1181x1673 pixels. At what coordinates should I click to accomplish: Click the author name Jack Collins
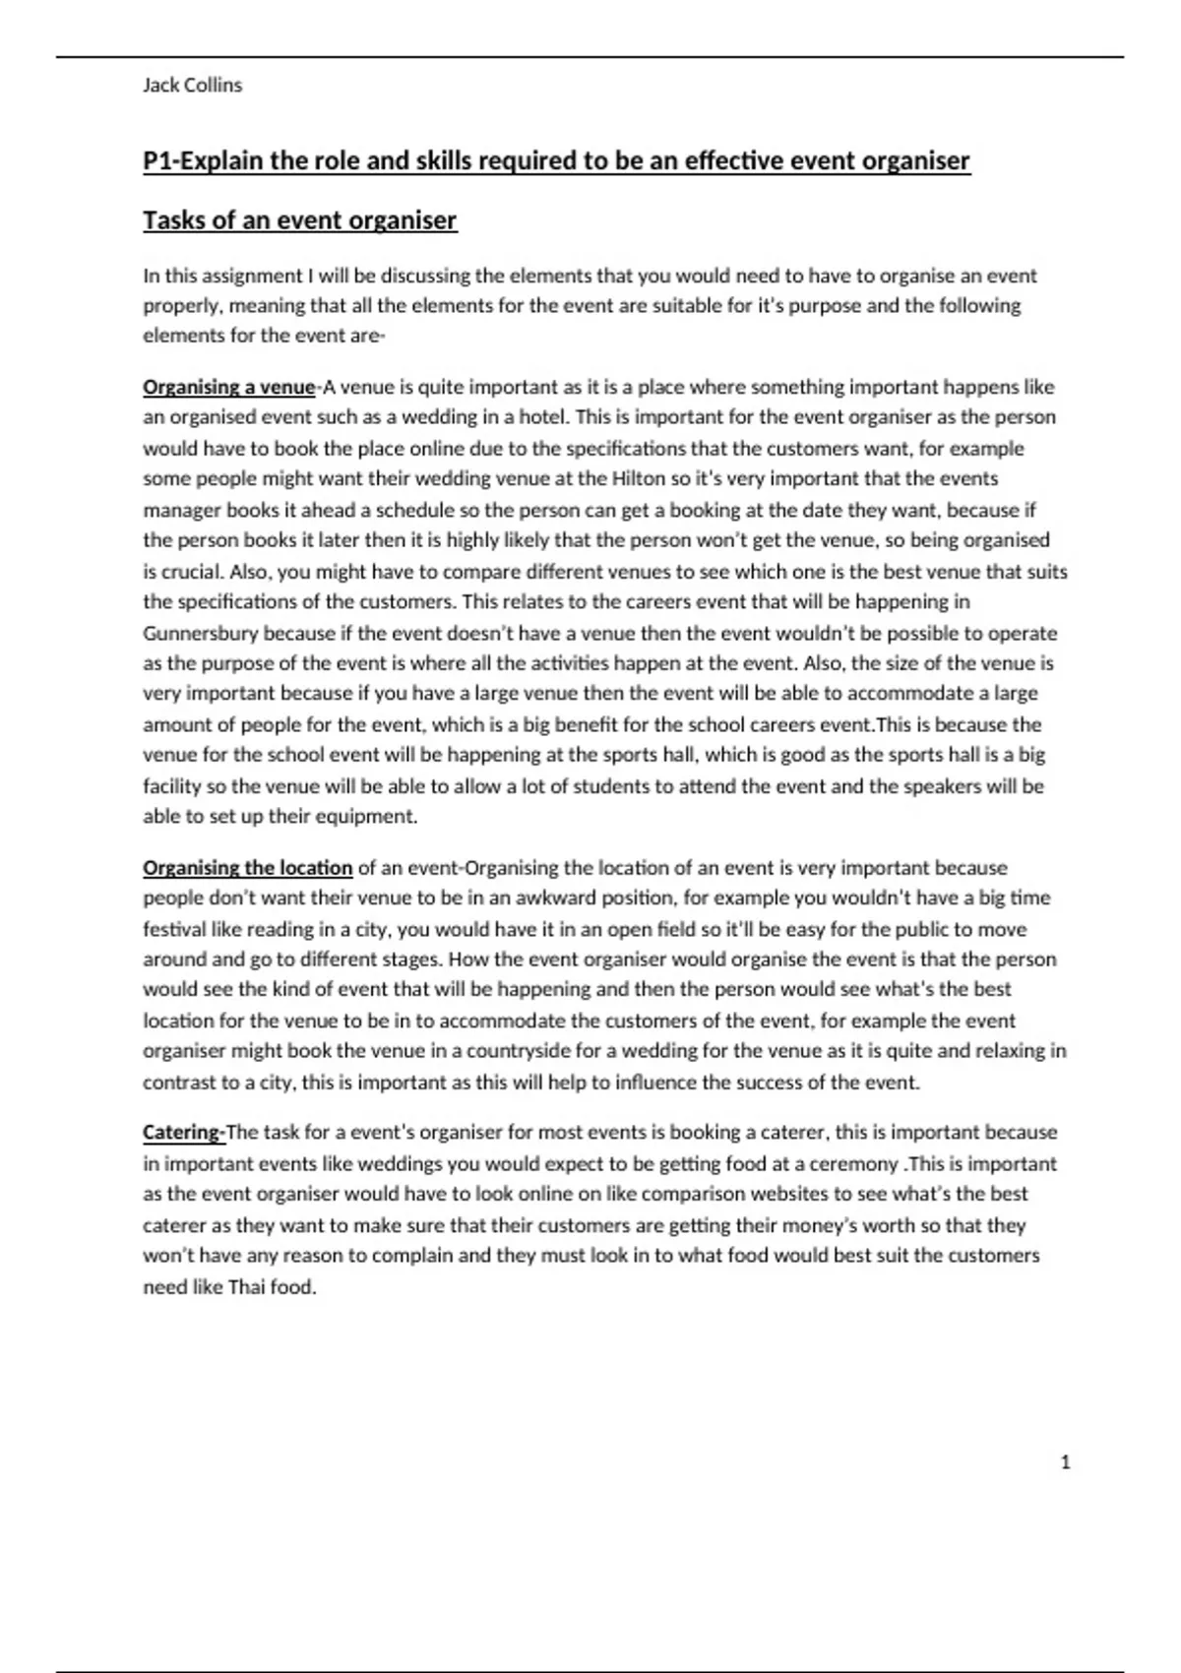tap(192, 86)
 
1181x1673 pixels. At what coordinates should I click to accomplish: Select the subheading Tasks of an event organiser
tap(300, 220)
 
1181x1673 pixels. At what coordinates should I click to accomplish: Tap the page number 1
tap(1065, 1462)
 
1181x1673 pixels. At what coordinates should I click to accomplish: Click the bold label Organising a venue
tap(229, 387)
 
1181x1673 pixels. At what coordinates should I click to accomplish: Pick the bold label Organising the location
tap(248, 868)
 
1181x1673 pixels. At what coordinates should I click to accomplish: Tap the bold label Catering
tap(183, 1133)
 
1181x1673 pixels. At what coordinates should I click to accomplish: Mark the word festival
tap(175, 930)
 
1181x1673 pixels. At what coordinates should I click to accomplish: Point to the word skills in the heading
tap(418, 160)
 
